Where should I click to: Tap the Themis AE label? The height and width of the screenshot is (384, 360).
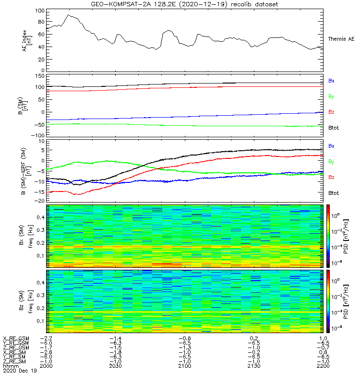click(x=341, y=38)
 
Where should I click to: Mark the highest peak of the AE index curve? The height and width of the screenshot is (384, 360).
click(x=69, y=15)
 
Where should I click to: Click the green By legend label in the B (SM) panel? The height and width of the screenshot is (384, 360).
click(x=331, y=96)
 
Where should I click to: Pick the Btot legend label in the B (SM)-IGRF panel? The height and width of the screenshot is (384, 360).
click(x=334, y=193)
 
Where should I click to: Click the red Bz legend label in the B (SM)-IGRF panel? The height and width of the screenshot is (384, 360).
click(x=331, y=178)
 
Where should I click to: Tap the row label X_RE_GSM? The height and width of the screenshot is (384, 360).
click(x=16, y=338)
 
